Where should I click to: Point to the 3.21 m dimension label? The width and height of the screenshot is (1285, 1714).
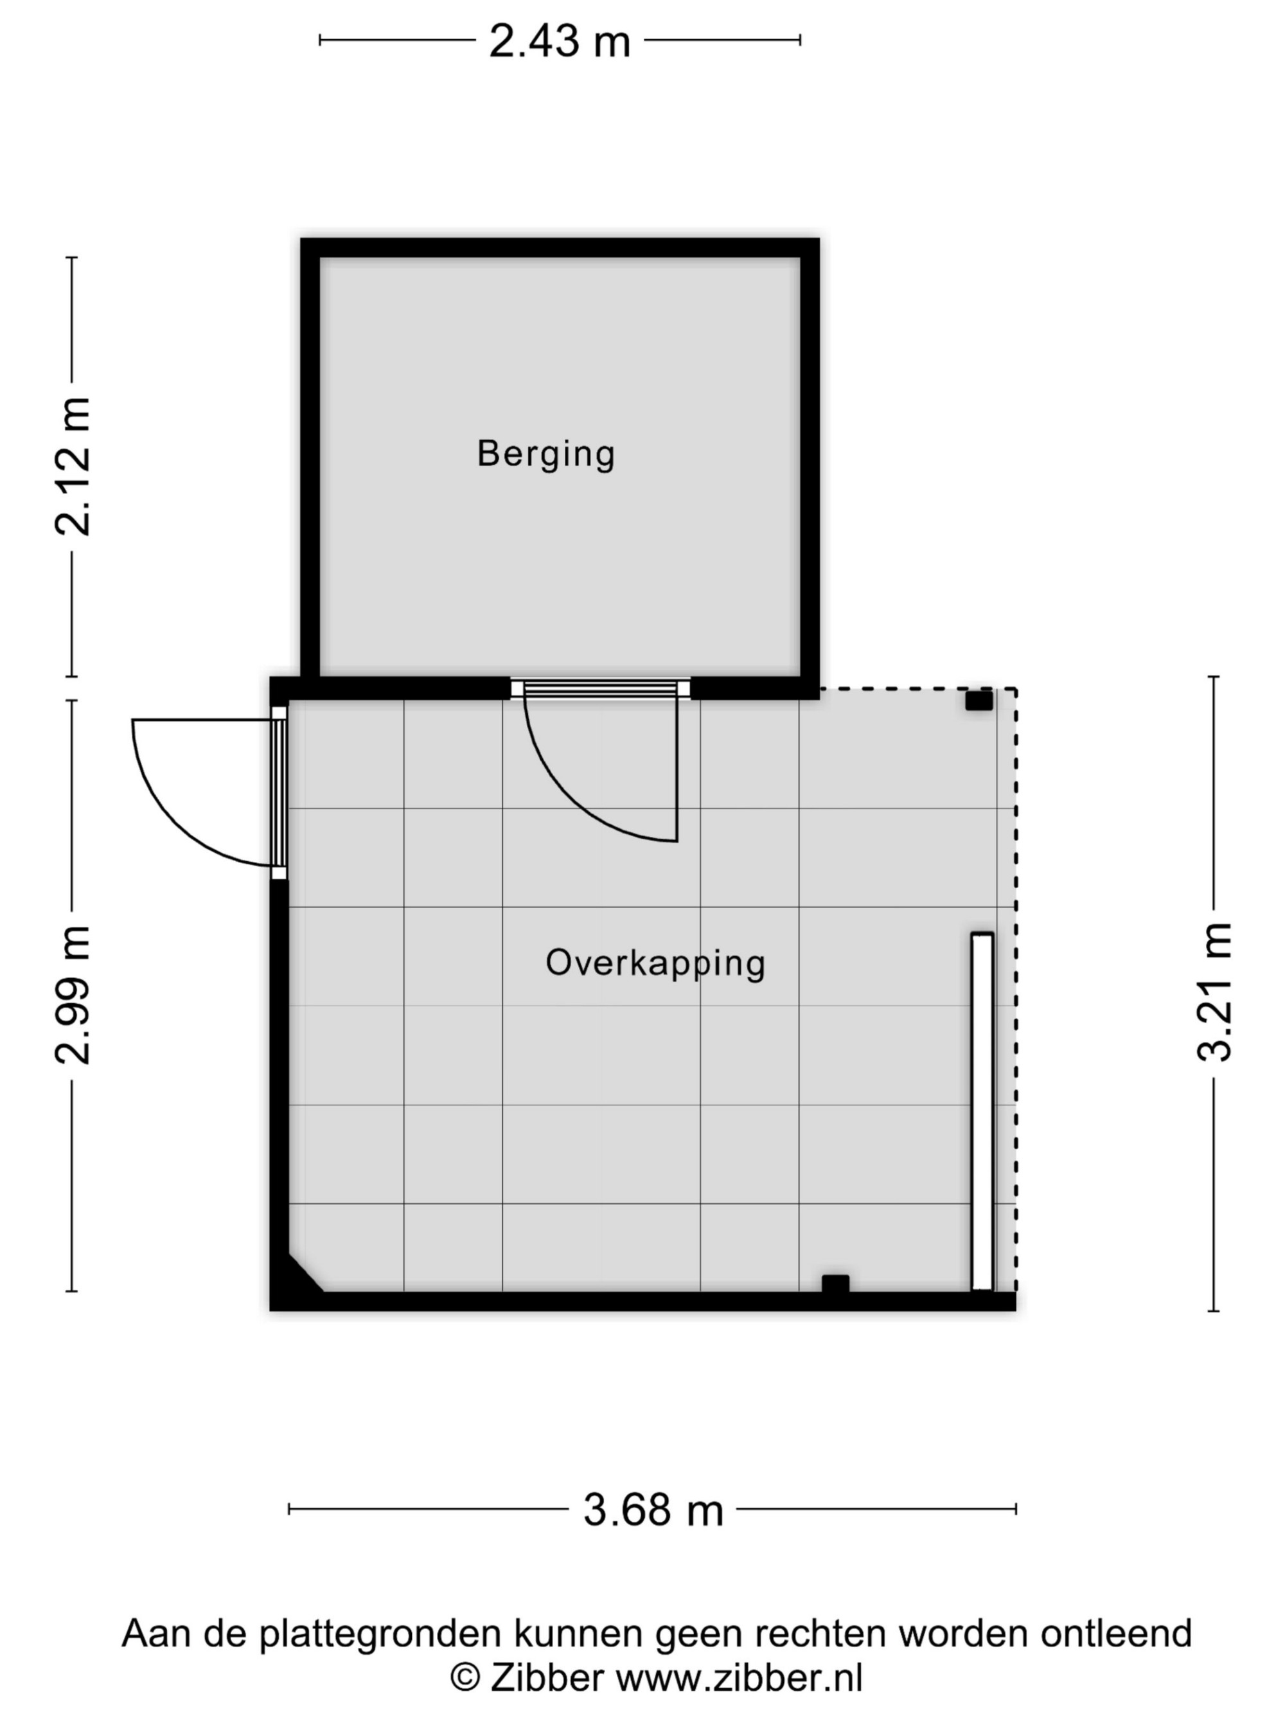(x=1214, y=992)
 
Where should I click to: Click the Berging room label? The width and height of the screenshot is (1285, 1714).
(x=546, y=454)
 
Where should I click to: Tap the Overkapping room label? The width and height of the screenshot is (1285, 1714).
(x=655, y=963)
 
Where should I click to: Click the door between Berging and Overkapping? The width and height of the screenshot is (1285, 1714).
(x=602, y=763)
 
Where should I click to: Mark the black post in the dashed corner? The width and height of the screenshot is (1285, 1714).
(x=979, y=701)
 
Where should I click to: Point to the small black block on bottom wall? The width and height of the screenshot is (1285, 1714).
(x=835, y=1284)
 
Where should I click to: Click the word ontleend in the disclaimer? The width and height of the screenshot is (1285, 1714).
(x=1116, y=1632)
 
